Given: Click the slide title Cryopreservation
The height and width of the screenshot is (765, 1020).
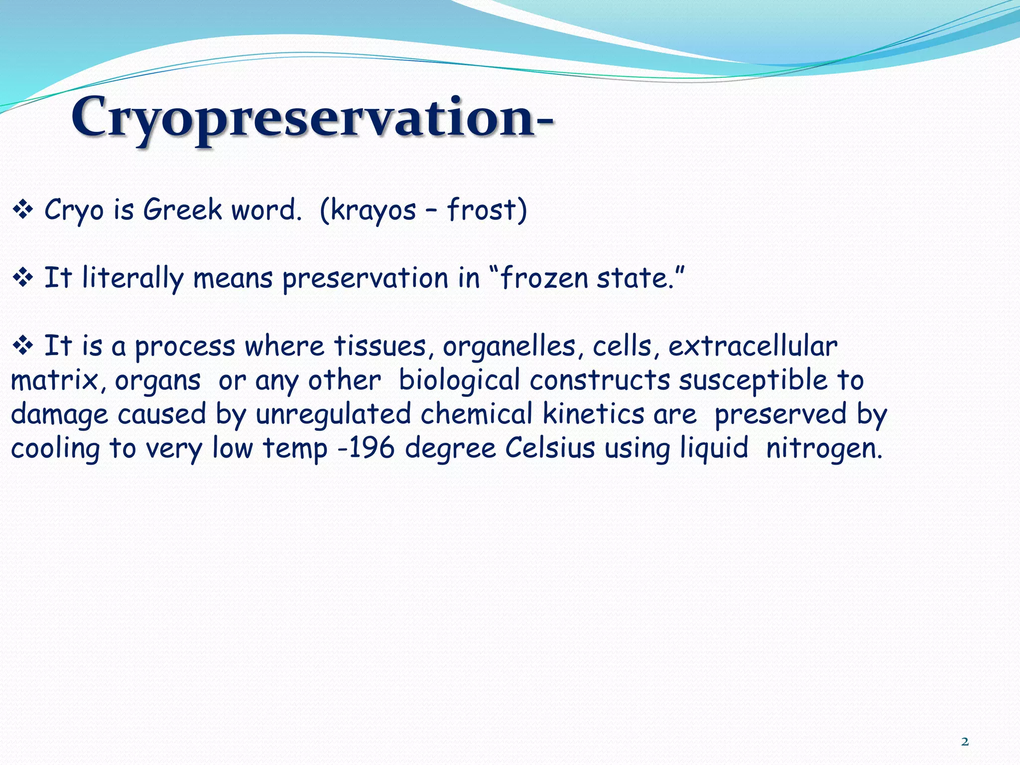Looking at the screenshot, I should click(x=312, y=118).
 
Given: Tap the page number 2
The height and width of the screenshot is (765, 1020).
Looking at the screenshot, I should click(x=965, y=742).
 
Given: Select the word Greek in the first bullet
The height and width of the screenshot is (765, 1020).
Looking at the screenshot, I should click(x=182, y=209).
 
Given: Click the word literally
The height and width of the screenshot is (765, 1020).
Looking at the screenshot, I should click(x=133, y=278).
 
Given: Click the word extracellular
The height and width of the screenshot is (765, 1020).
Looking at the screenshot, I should click(x=753, y=346).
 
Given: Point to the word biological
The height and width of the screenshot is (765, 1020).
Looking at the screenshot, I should click(x=459, y=381).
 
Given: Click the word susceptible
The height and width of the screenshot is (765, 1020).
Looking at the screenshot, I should click(x=753, y=381).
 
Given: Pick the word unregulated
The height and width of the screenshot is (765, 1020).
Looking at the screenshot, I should click(x=333, y=415).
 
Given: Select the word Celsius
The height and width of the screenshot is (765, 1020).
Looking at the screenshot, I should click(x=550, y=448).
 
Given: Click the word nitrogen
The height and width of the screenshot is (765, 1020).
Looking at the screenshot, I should click(x=824, y=449).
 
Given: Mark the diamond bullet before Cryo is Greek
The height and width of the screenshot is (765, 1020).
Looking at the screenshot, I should click(x=22, y=210).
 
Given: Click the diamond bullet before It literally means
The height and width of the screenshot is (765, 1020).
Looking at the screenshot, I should click(x=22, y=278).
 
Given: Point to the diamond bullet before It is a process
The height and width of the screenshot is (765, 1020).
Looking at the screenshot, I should click(x=22, y=346).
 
